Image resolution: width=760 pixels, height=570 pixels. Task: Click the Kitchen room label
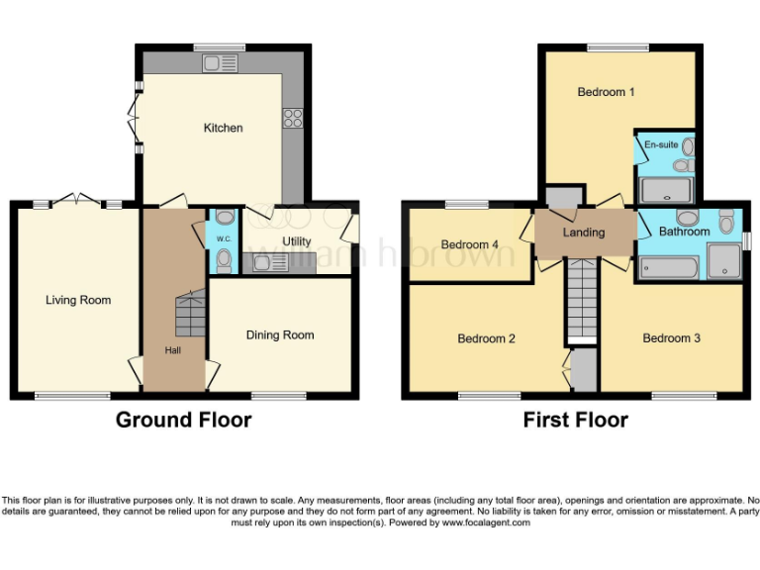223,128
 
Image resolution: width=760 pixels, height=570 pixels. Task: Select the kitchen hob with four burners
293,118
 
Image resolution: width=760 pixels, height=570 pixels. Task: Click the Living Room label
78,300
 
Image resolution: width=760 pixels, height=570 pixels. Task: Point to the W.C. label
224,238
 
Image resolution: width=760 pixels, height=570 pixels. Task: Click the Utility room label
296,241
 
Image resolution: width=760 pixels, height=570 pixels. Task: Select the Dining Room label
280,334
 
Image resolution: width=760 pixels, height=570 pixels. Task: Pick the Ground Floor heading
183,420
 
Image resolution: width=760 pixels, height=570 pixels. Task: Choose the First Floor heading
575,420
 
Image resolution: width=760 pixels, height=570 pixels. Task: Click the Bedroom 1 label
606,92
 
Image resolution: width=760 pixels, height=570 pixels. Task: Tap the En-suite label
661,145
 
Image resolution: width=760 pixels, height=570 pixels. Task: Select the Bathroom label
684,232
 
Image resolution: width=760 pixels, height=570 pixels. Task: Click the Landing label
583,233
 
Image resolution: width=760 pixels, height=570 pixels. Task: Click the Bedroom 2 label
486,338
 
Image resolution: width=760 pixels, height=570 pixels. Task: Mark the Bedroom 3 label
671,338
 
